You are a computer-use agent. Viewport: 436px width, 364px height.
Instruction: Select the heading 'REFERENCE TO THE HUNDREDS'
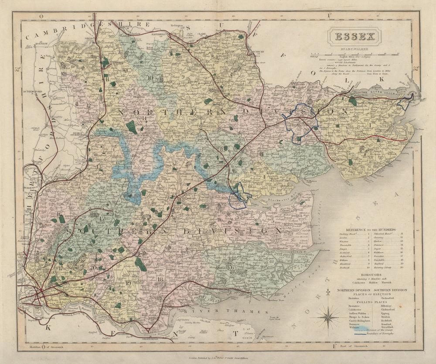pyautogui.click(x=371, y=229)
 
